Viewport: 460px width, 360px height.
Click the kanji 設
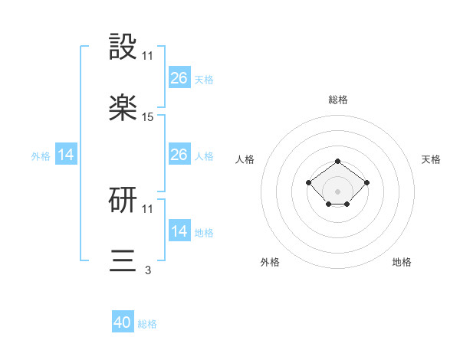(123, 47)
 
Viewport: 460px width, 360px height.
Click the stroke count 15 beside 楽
(148, 116)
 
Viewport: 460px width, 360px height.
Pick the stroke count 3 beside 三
(148, 270)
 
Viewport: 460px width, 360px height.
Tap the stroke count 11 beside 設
(148, 55)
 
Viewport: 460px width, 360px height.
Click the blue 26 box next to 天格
(179, 78)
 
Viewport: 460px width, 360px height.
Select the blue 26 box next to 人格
(179, 155)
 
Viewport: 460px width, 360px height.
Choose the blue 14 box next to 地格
(179, 231)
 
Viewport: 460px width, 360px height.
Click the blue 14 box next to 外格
(66, 155)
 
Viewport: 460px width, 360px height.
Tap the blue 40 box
(123, 322)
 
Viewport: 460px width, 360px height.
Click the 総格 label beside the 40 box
(147, 324)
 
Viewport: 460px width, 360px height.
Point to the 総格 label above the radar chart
(338, 100)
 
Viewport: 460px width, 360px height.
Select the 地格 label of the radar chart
(402, 262)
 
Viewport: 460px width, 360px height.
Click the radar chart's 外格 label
(270, 262)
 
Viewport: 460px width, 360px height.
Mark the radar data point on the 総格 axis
(338, 161)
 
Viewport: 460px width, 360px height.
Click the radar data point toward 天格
(367, 182)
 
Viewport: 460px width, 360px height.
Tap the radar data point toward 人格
(308, 182)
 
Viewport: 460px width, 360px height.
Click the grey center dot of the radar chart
(338, 191)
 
